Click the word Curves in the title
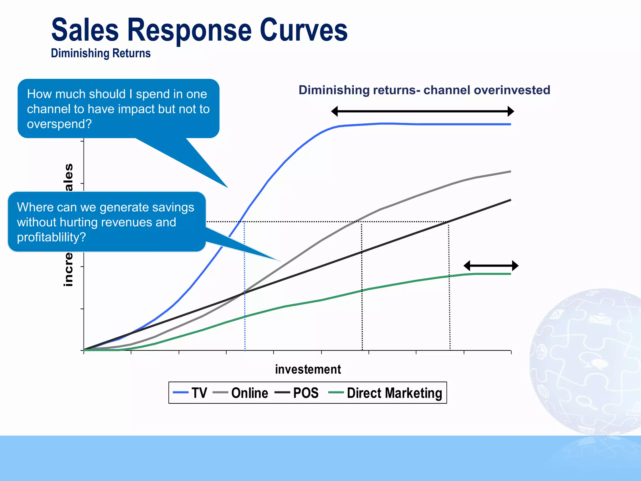click(303, 30)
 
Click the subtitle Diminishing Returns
click(101, 53)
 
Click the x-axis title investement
click(308, 370)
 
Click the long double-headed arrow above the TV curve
click(423, 111)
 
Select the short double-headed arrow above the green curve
click(491, 266)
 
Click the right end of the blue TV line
click(510, 124)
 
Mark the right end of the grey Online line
click(510, 172)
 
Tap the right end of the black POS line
click(510, 200)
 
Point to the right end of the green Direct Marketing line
click(510, 274)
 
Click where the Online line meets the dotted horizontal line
click(356, 222)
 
